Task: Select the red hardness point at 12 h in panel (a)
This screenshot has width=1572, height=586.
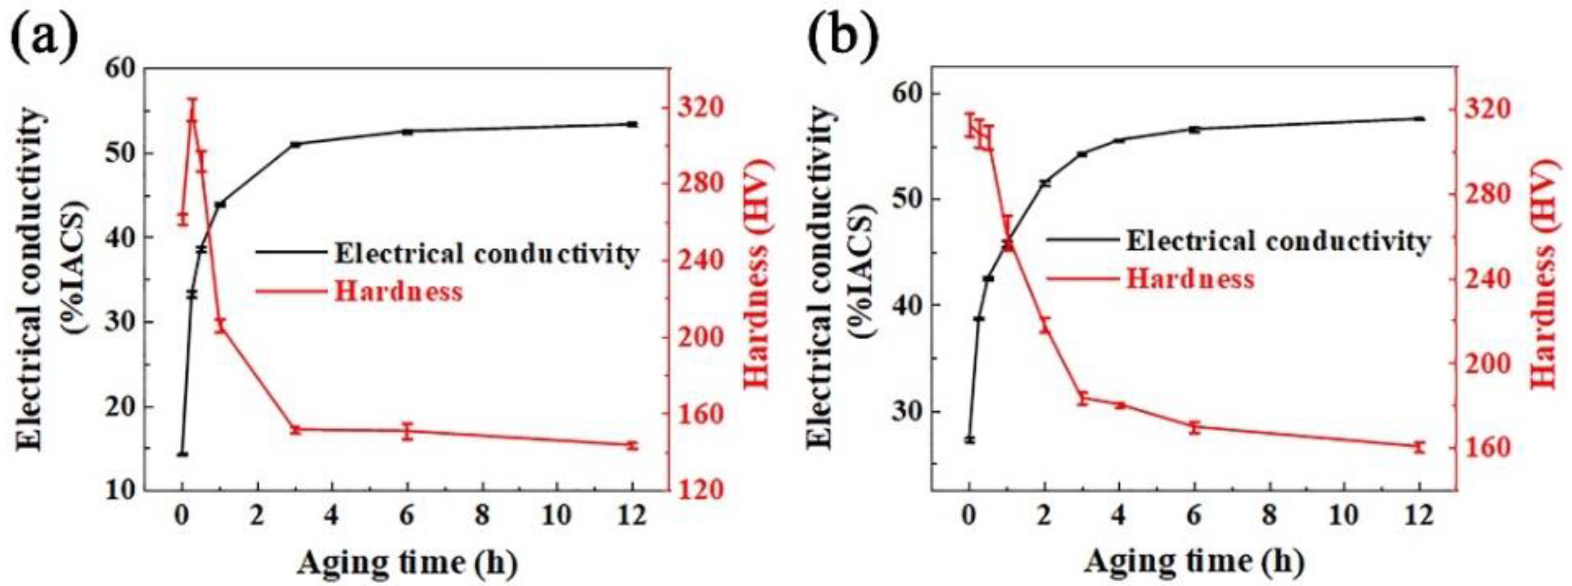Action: pos(632,445)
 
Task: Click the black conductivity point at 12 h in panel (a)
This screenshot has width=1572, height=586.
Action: pos(632,124)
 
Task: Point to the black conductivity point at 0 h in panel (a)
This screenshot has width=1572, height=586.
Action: pos(182,454)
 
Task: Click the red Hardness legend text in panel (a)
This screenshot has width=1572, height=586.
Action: pos(398,291)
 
